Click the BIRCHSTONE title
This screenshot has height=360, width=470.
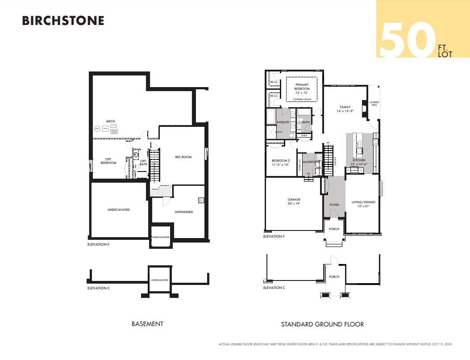pos(63,21)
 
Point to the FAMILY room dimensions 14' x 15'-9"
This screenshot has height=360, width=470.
pos(345,111)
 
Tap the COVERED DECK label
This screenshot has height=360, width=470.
pos(374,104)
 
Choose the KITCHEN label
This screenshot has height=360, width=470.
pos(359,160)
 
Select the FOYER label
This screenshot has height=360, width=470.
pos(334,205)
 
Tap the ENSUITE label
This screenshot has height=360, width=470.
pos(283,122)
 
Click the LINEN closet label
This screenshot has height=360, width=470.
pos(304,135)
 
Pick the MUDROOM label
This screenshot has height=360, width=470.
pos(311,162)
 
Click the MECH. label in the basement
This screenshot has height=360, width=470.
pos(111,121)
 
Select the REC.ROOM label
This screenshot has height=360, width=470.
pos(183,157)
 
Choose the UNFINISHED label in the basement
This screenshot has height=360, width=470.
pos(183,212)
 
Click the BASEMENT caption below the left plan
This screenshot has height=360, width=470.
pos(147,324)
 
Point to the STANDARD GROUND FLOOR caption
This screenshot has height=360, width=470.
pos(322,324)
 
